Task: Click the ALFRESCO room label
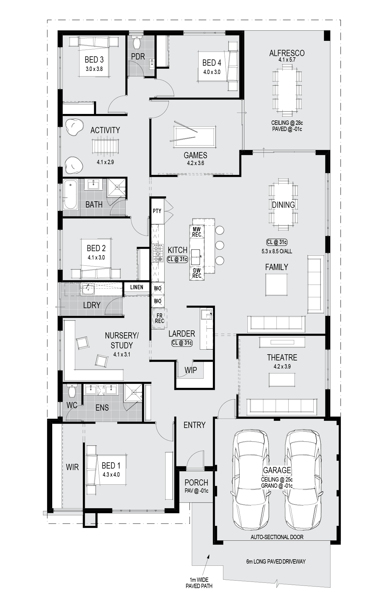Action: pyautogui.click(x=287, y=53)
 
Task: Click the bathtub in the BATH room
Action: pyautogui.click(x=71, y=194)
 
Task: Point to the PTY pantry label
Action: pyautogui.click(x=157, y=211)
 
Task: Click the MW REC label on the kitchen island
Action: pyautogui.click(x=197, y=232)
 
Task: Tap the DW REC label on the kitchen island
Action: pyautogui.click(x=197, y=273)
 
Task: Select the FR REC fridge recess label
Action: pyautogui.click(x=159, y=318)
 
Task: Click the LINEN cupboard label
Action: pyautogui.click(x=137, y=287)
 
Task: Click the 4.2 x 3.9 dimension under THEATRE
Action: pyautogui.click(x=282, y=366)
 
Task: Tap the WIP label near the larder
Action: pyautogui.click(x=191, y=370)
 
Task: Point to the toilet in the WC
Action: pyautogui.click(x=72, y=391)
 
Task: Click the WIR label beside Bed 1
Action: pyautogui.click(x=72, y=467)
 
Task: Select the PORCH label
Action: pyautogui.click(x=196, y=482)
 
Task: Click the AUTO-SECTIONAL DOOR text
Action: pyautogui.click(x=277, y=537)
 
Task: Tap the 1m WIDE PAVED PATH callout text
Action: pyautogui.click(x=199, y=582)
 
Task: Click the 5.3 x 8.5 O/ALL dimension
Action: pyautogui.click(x=277, y=251)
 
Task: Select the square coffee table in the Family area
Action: pyautogui.click(x=276, y=285)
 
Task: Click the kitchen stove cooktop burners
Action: pyautogui.click(x=158, y=253)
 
